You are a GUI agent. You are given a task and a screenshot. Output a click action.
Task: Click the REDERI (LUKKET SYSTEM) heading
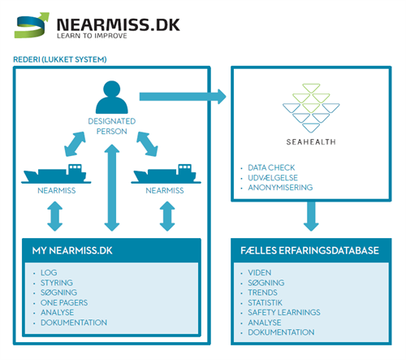click(x=61, y=59)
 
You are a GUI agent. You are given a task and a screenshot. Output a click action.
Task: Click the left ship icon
click(x=56, y=175)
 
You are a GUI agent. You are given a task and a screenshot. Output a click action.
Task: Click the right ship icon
click(x=166, y=175)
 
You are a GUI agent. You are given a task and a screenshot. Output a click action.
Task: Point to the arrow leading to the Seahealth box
click(x=183, y=98)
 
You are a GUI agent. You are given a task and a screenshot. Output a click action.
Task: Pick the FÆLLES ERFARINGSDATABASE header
click(x=310, y=250)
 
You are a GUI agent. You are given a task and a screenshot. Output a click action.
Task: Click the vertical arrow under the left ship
click(x=55, y=217)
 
